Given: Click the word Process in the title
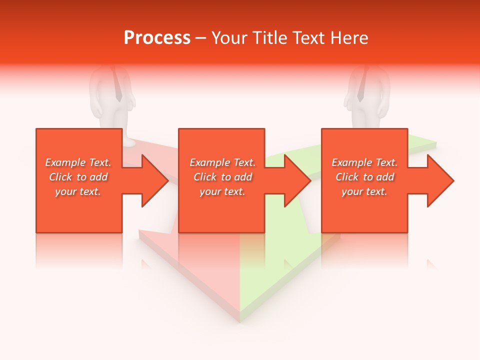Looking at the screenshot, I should pos(157,38).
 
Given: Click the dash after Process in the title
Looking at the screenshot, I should pos(200,38).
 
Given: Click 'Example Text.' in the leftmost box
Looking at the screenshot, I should pos(78,162).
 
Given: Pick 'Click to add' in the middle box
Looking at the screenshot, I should pos(222,177).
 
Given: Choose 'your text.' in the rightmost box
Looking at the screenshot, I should pos(364,191).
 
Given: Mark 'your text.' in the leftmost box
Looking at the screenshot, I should pos(78,191).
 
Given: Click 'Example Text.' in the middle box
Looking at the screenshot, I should pos(222,162).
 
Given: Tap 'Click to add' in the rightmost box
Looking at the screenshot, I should pos(364,177).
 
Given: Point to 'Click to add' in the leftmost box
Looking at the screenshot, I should pos(78,177).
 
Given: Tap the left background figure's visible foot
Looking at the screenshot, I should pos(128,142).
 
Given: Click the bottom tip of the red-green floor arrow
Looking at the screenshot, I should pos(239,320).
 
